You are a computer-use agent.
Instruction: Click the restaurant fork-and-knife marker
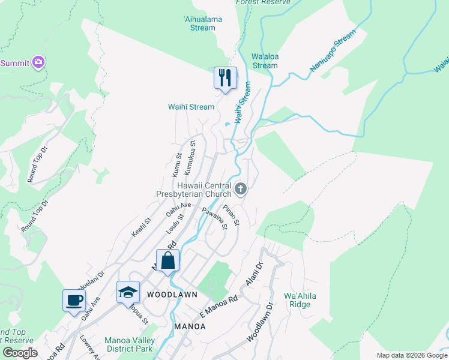coord(225,78)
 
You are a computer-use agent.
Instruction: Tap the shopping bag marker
coord(168,261)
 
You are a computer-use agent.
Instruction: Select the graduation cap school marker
coord(128,292)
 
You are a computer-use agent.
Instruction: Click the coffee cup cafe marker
coord(73,301)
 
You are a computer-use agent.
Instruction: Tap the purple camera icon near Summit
coord(39,62)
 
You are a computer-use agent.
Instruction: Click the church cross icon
coord(241,190)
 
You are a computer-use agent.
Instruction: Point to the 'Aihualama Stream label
coord(198,23)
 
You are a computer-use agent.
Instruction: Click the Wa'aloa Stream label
coord(265,61)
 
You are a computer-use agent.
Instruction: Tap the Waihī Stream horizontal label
coord(191,107)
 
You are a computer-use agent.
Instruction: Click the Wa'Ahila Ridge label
coord(300,300)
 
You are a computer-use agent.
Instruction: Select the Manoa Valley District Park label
coord(130,344)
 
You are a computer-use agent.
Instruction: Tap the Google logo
coord(20,353)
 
